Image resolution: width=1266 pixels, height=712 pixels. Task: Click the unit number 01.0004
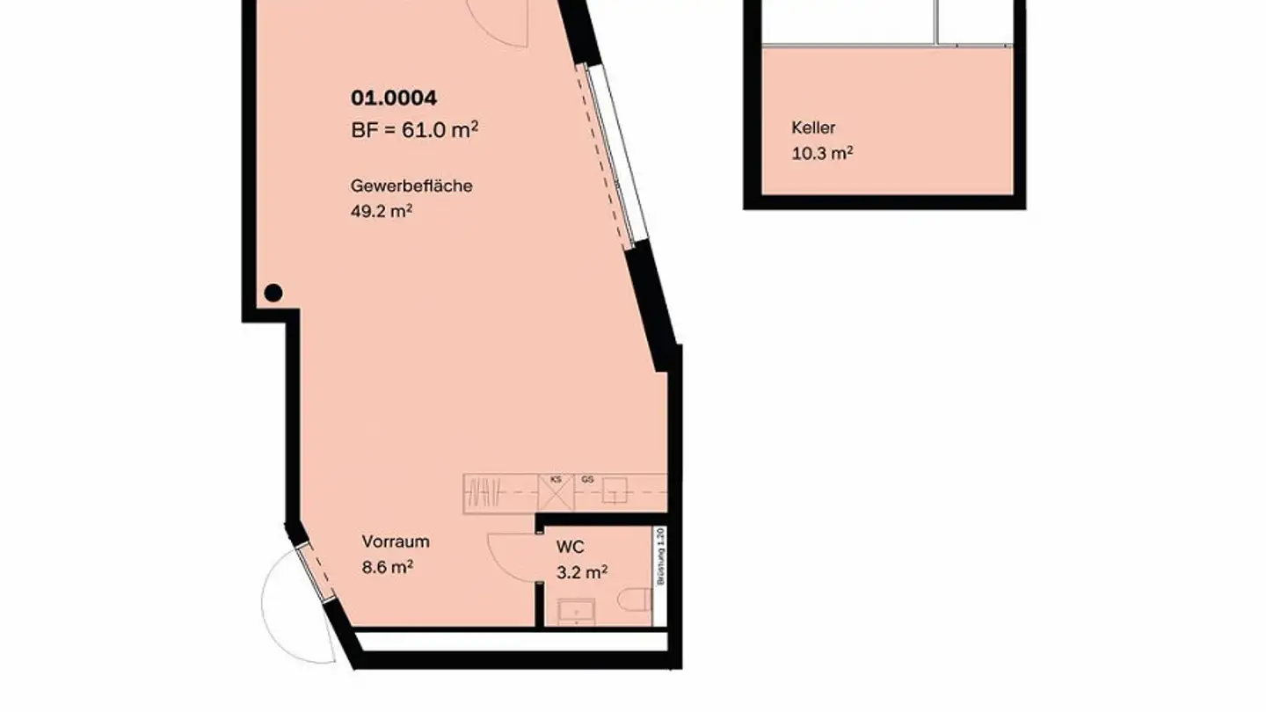[x=393, y=98]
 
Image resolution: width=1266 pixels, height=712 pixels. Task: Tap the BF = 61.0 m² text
[x=414, y=130]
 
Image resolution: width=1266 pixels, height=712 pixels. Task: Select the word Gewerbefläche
[x=411, y=186]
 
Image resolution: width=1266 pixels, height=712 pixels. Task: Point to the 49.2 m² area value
[x=382, y=211]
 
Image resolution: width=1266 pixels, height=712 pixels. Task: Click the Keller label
[x=813, y=128]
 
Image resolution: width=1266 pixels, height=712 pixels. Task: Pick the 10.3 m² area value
[x=822, y=153]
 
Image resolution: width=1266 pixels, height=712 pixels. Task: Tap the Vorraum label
[x=396, y=541]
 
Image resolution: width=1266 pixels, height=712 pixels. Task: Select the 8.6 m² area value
[x=388, y=567]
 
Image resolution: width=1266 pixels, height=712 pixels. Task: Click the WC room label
[x=570, y=548]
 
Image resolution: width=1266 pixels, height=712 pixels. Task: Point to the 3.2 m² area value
[x=582, y=573]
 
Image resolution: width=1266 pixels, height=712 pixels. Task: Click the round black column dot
[x=273, y=293]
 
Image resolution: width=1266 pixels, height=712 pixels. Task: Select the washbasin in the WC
[x=576, y=610]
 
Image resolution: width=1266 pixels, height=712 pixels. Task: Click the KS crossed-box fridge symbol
[x=556, y=494]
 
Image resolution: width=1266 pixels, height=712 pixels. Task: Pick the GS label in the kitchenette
[x=587, y=480]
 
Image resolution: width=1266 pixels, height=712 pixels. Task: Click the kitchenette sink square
[x=615, y=493]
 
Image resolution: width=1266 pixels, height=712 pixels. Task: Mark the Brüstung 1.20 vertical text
[x=660, y=556]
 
